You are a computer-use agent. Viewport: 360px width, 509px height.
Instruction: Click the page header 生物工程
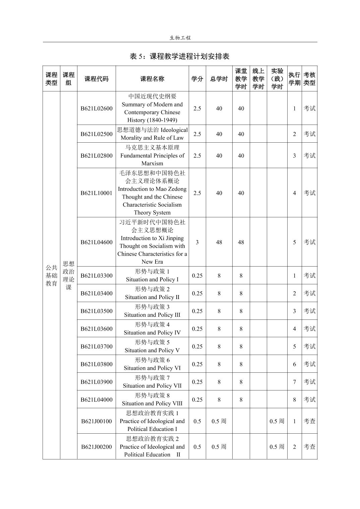coord(180,38)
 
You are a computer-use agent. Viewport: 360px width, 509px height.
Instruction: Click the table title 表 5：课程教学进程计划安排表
coord(180,56)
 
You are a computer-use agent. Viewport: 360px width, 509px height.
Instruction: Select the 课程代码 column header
coord(97,79)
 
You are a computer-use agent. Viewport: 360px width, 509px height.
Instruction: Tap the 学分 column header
coord(197,79)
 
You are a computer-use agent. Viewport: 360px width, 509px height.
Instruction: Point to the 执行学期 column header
coord(294,79)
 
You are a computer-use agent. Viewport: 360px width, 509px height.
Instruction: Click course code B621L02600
coord(97,108)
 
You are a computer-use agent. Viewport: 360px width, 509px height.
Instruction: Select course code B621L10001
coord(97,193)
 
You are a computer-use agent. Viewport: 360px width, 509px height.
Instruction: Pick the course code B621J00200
coord(97,447)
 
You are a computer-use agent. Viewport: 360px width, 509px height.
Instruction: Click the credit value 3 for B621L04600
coord(197,242)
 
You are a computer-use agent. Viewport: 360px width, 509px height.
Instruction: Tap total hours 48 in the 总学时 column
coord(219,242)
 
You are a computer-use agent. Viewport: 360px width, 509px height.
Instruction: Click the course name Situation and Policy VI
coord(152,368)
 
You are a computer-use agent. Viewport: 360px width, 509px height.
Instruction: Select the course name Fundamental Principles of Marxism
coord(152,159)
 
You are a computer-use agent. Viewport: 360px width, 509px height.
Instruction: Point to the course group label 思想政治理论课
coord(69,275)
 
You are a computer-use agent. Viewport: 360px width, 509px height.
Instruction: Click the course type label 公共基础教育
coord(51,275)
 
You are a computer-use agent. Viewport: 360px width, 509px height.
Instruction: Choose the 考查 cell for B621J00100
coord(309,421)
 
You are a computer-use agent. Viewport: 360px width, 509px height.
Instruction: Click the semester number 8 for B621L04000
coord(294,399)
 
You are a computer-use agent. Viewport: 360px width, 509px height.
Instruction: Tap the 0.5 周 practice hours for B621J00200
coord(277,447)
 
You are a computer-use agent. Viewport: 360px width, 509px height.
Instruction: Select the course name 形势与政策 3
coord(152,307)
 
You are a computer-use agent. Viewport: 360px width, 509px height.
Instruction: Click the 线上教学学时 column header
coord(258,79)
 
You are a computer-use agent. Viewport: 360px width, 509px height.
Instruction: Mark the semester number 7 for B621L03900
coord(294,382)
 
